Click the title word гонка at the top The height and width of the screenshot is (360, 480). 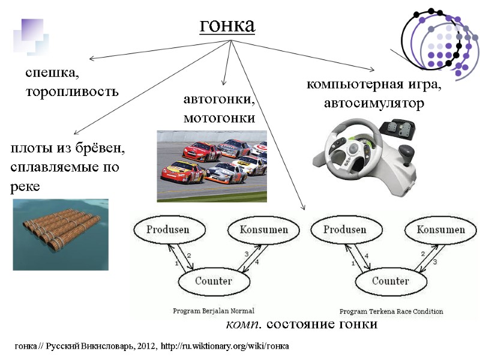point(227,25)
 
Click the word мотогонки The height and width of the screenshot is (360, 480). point(219,118)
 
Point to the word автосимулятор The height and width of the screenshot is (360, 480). point(374,104)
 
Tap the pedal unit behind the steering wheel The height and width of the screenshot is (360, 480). point(397,128)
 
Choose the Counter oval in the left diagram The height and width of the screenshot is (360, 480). point(214,281)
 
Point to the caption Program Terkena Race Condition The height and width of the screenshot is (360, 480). point(391,311)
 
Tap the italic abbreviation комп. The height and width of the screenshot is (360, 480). point(243,325)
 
